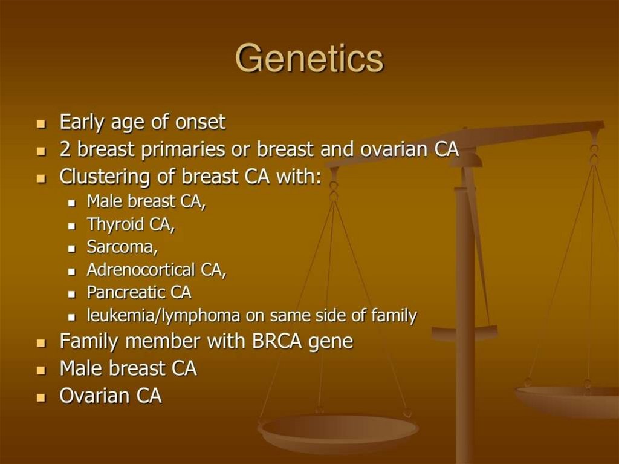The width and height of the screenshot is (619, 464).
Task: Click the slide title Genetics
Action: click(x=309, y=59)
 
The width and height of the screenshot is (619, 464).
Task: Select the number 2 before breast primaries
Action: click(x=65, y=149)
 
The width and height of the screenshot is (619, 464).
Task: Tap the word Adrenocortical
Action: click(x=141, y=270)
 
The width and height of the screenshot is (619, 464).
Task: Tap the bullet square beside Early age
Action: click(x=41, y=124)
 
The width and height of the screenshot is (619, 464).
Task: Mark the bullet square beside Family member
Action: click(x=41, y=343)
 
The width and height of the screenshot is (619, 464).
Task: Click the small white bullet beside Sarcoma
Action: click(x=71, y=249)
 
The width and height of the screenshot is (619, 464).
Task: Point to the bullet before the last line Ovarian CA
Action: click(x=41, y=397)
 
